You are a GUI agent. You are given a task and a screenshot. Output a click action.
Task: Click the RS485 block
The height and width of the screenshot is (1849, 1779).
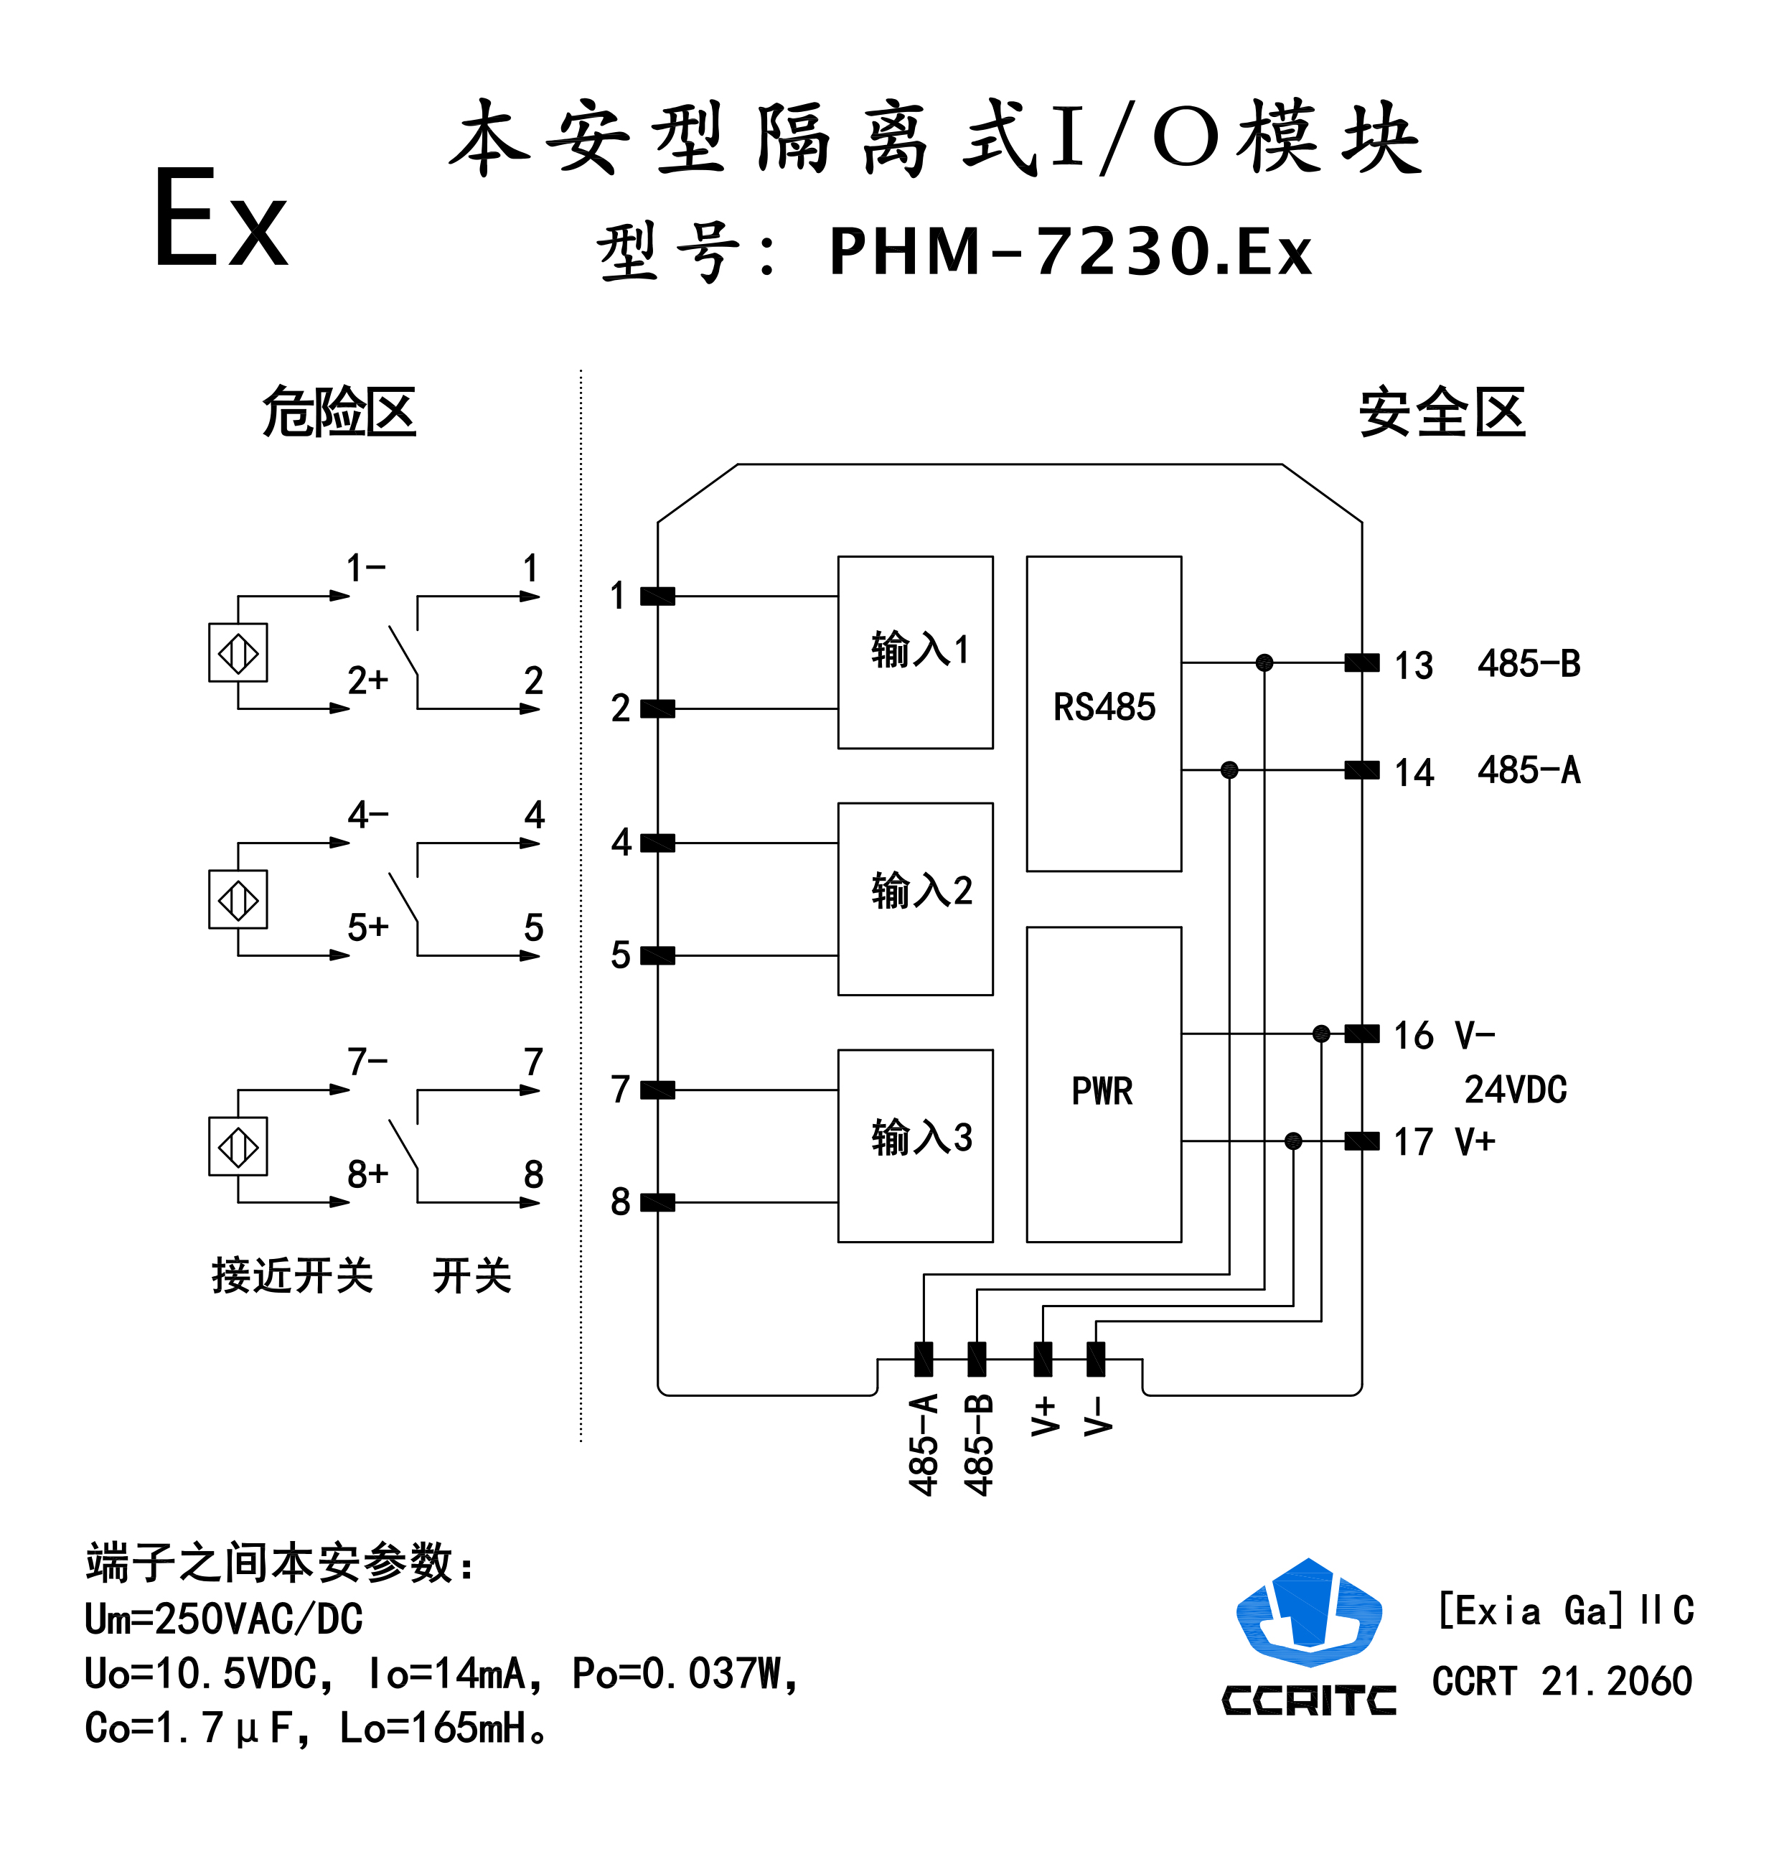(1104, 713)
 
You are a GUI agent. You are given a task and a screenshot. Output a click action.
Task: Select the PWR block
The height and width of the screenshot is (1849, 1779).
(1104, 1084)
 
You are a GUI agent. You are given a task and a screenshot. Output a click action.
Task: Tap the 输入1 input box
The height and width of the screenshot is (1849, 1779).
(915, 652)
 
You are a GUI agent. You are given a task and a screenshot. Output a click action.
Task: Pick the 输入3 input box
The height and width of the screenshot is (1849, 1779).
(915, 1146)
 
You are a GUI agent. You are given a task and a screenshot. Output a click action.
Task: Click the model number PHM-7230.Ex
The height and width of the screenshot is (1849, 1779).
(1070, 253)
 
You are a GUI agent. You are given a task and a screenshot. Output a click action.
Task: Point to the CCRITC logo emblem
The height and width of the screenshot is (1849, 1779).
(1308, 1614)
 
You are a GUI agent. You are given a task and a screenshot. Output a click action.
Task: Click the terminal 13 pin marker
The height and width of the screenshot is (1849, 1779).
(1361, 663)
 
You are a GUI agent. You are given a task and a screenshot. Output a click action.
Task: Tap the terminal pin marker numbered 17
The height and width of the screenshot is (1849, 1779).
(1361, 1141)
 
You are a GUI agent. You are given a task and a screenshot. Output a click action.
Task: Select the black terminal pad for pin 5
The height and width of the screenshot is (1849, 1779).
(657, 955)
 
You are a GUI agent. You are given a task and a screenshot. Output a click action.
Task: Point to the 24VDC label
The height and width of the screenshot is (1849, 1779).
(1515, 1090)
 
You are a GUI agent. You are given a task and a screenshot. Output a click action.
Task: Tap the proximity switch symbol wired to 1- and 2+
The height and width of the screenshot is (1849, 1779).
(238, 652)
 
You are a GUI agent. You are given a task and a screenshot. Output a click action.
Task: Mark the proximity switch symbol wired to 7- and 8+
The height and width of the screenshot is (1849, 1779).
(238, 1146)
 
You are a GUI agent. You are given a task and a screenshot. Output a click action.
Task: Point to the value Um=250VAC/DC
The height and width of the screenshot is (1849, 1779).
(224, 1619)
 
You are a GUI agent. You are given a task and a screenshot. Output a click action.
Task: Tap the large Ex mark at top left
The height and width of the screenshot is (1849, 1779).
(220, 219)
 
